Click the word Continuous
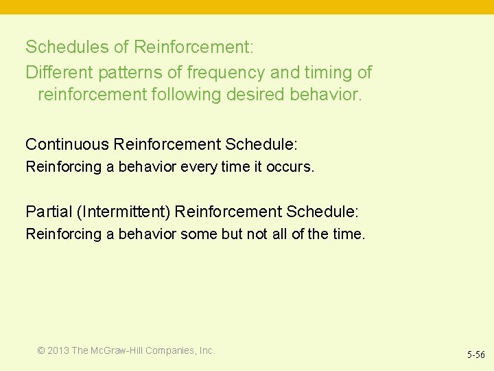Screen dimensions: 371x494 tap(67, 144)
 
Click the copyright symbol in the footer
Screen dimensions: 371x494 tap(41, 351)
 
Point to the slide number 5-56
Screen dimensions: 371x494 tap(476, 355)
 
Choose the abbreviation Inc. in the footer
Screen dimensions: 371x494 tap(207, 351)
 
